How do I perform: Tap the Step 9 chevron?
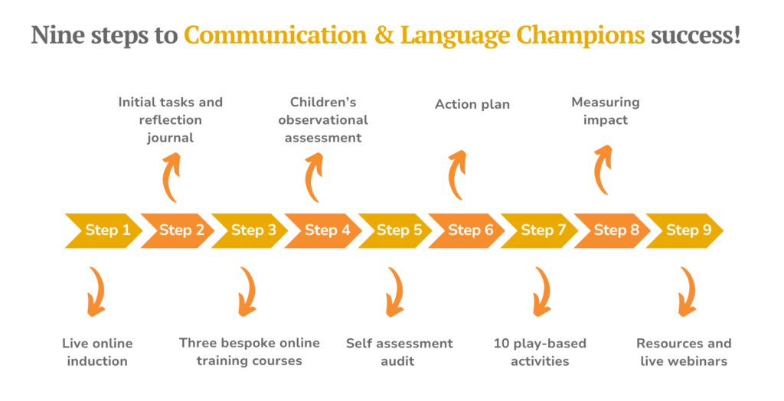(683, 230)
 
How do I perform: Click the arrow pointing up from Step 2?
(171, 177)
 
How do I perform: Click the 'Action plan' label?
(472, 104)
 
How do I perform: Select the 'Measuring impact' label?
(605, 111)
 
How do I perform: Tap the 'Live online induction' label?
(97, 352)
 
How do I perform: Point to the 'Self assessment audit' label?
(399, 352)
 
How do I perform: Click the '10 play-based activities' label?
(540, 352)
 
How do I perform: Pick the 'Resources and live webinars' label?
(684, 352)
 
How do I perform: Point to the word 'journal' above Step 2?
(170, 138)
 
